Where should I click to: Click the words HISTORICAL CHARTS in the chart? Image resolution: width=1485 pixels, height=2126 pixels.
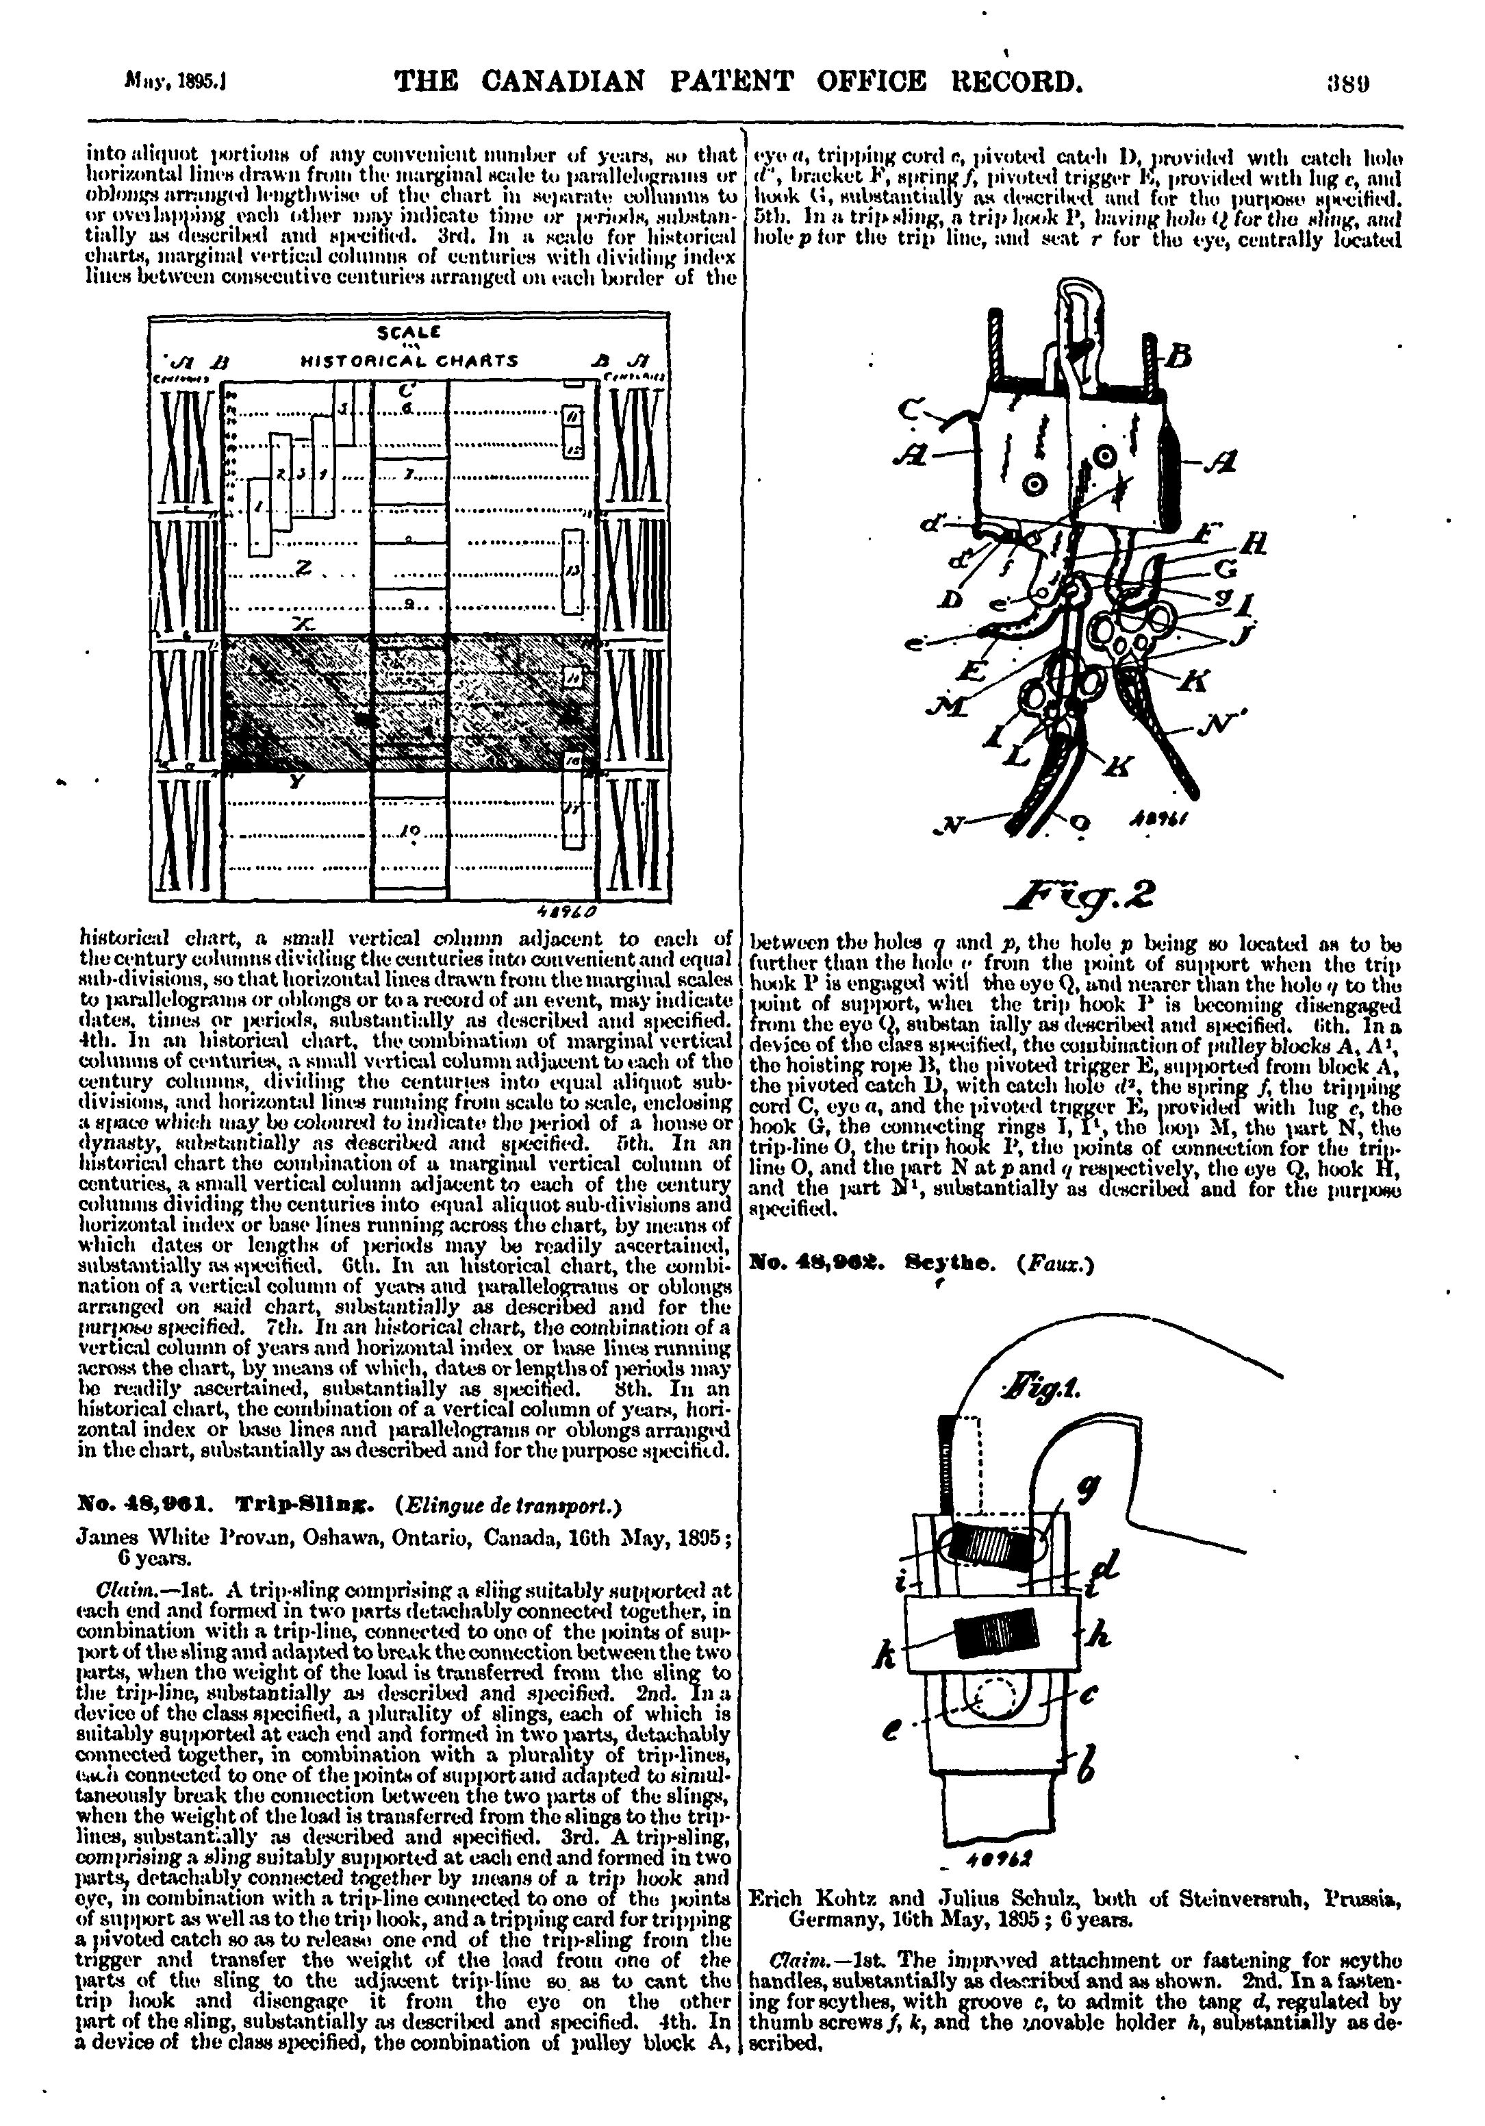[409, 361]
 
